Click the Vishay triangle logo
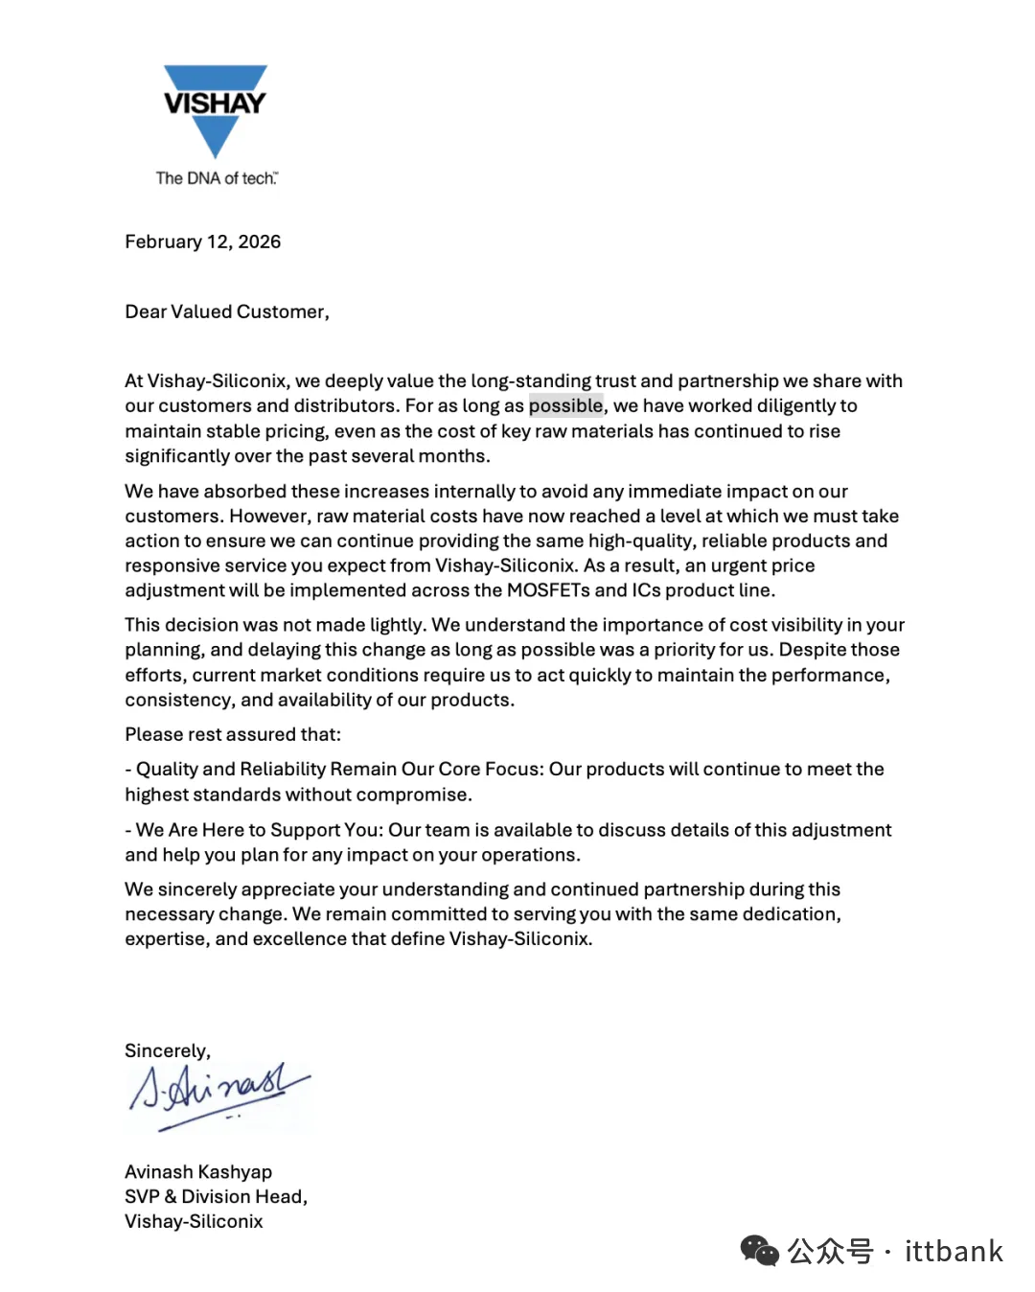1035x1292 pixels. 215,109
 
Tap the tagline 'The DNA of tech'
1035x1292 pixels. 217,178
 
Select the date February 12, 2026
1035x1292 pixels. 202,242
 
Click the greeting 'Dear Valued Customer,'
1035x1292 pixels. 227,311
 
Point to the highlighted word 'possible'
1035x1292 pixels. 565,405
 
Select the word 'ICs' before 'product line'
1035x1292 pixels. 646,590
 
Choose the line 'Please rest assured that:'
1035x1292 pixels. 233,734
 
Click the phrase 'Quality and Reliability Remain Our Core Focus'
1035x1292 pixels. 338,769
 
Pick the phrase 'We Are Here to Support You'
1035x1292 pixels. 258,830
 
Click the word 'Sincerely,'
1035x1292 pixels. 168,1050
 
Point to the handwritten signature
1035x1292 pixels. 218,1093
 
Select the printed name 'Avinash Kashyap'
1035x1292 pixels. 198,1172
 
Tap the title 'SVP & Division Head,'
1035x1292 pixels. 216,1196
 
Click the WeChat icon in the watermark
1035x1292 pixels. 759,1251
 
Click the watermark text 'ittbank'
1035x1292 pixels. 954,1252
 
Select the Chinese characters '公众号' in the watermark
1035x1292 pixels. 830,1252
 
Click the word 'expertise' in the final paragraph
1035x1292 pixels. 166,939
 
